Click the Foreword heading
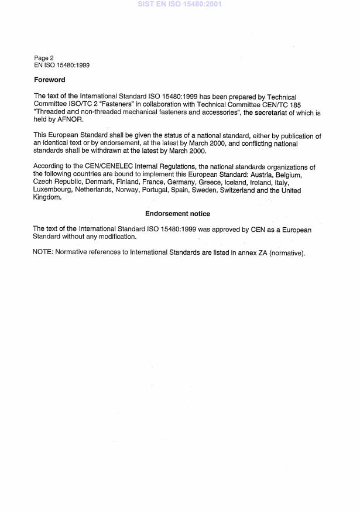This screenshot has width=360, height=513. click(49, 80)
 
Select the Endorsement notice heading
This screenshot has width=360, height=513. click(177, 214)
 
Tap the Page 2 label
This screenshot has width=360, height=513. click(44, 58)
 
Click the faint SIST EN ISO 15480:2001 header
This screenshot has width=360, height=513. click(180, 4)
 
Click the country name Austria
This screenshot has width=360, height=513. click(259, 175)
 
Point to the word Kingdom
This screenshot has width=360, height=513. click(47, 197)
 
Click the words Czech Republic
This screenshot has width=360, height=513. click(58, 182)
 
